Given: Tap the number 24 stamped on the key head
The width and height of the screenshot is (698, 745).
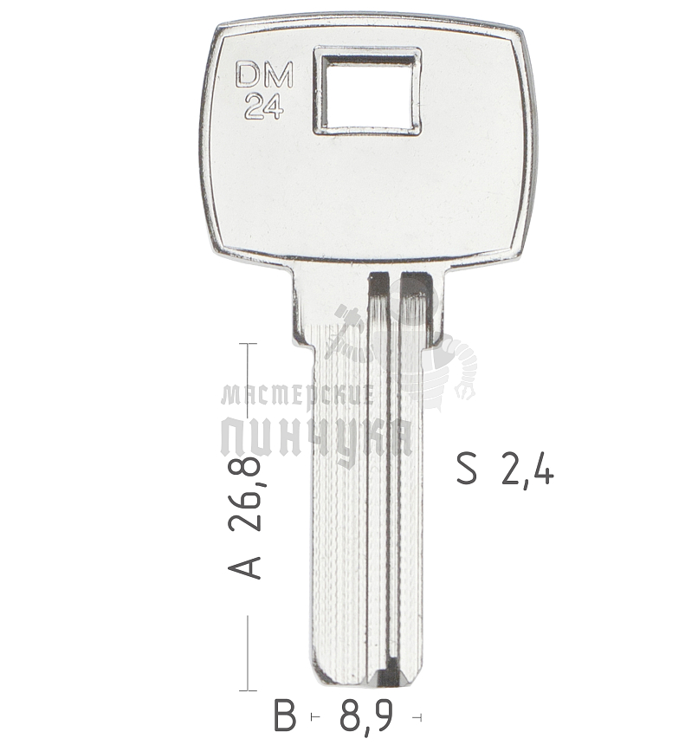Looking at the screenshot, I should pyautogui.click(x=262, y=106).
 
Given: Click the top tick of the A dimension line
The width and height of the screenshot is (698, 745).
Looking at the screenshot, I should pyautogui.click(x=249, y=344).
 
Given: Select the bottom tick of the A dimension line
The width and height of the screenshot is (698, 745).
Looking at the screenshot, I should pyautogui.click(x=249, y=690).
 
